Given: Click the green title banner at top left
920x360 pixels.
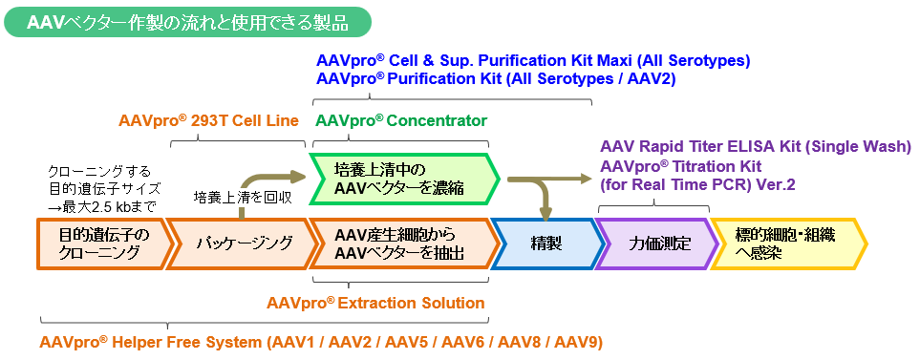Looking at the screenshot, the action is coord(188,22).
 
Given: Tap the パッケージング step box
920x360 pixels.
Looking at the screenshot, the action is coord(241,244).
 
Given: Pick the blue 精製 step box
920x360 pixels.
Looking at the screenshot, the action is coord(546,244).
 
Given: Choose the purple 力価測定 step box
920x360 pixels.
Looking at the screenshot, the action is coord(657,244).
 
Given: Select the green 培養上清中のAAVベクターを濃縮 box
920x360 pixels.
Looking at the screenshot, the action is coord(405,179).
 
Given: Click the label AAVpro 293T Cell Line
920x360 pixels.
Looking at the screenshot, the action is coord(209,120).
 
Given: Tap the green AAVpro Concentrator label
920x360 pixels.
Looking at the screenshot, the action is coord(401,120).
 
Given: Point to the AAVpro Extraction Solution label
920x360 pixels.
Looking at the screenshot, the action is coord(375,303).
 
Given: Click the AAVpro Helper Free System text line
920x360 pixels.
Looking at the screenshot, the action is coord(321,342).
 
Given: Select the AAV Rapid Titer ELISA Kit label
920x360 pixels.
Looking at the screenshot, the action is coord(755,147).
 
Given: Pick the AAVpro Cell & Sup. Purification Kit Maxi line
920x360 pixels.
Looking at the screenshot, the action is coord(533,60).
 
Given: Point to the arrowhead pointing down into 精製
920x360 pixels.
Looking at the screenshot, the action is coord(546,217).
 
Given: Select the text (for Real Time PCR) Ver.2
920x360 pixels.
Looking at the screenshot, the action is coord(697,184).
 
